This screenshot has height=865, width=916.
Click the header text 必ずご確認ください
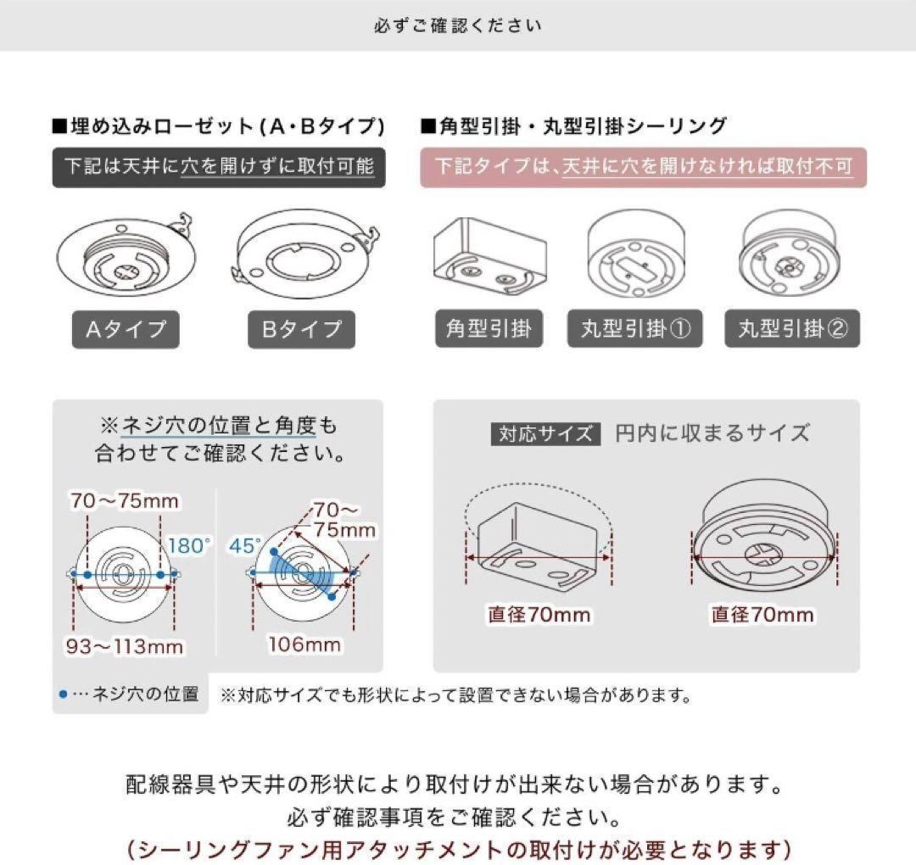tap(457, 25)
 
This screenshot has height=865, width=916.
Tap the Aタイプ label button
tap(126, 328)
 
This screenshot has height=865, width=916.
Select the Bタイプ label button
tap(301, 328)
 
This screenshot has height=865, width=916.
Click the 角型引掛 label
tap(488, 328)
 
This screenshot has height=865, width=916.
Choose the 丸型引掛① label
tap(634, 328)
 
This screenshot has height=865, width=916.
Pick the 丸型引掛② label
tap(792, 328)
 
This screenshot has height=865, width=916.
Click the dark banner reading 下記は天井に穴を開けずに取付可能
tap(218, 166)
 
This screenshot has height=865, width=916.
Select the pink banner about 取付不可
tap(643, 166)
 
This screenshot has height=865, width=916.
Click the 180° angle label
tap(189, 546)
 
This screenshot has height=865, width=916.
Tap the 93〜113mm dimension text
tap(125, 646)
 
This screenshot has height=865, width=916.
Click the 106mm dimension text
tap(304, 645)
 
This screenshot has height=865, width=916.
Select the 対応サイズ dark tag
tap(545, 433)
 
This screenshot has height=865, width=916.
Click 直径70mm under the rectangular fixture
tap(539, 614)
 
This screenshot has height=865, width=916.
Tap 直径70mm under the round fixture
tap(762, 614)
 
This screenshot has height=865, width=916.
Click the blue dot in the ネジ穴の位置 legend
tap(63, 695)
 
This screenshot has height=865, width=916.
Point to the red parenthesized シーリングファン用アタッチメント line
tap(457, 848)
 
